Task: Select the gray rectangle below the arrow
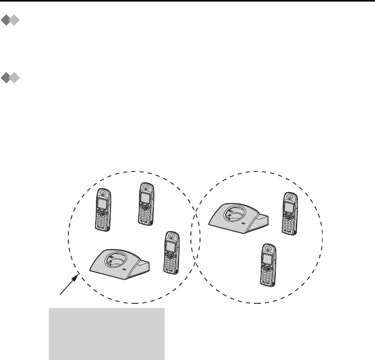(106, 333)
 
